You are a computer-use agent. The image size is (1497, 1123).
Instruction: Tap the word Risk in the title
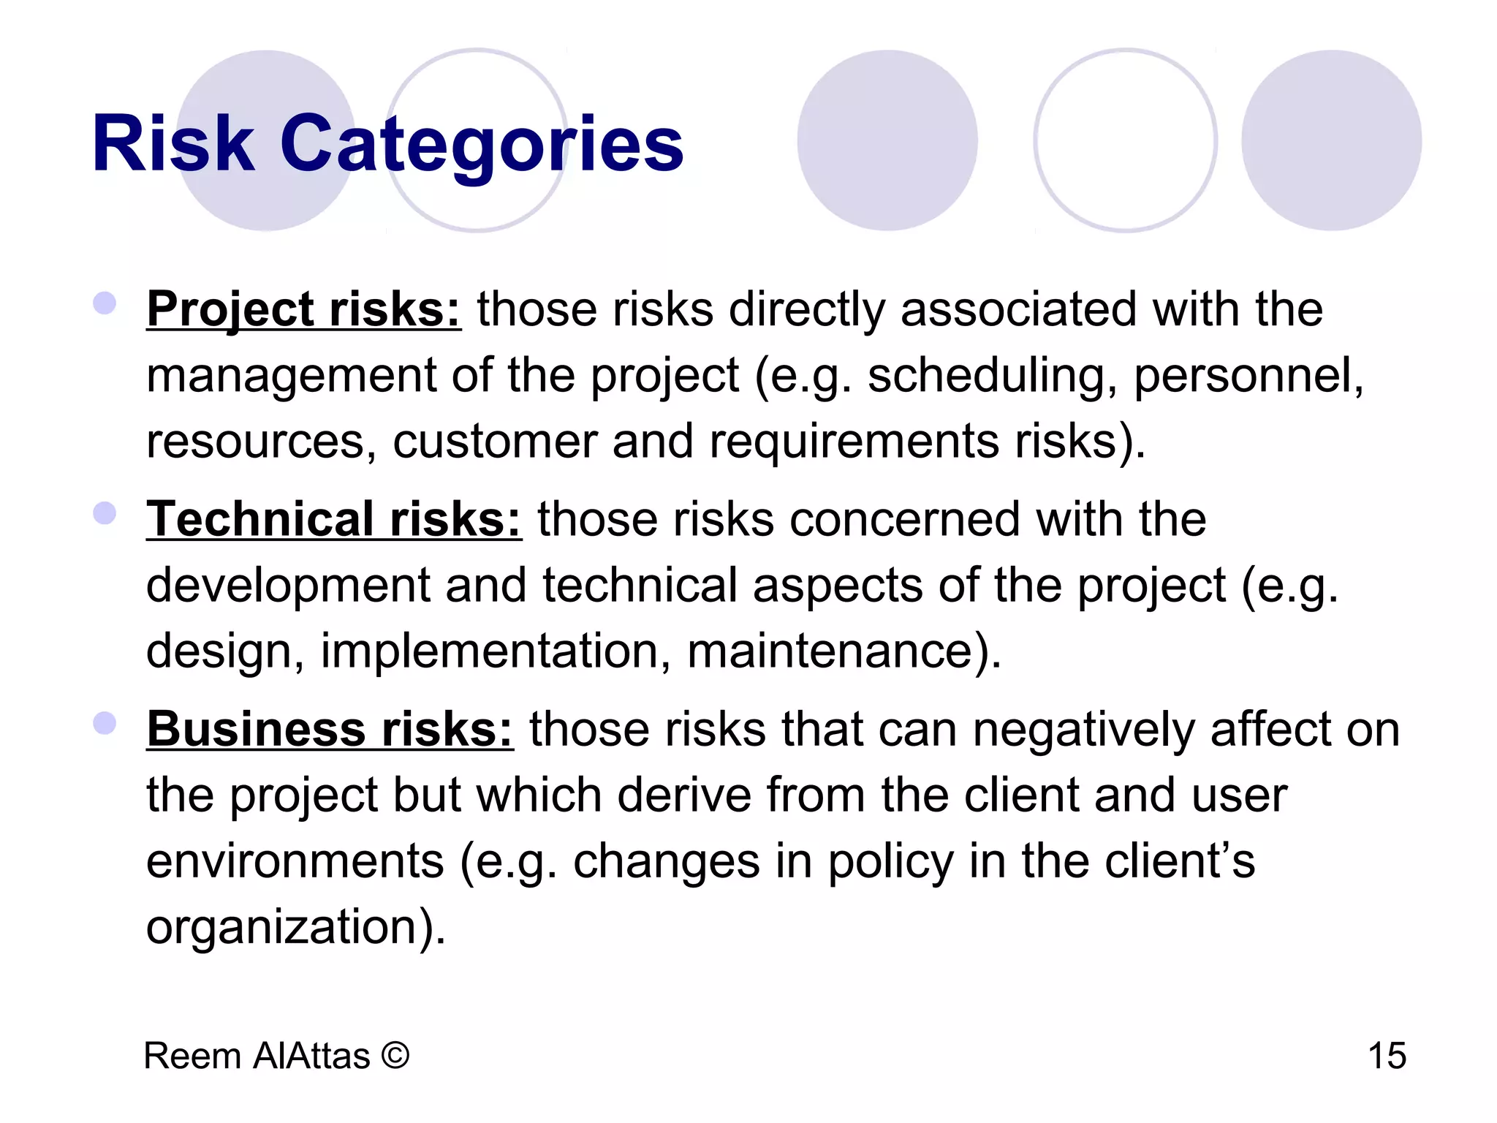pyautogui.click(x=173, y=144)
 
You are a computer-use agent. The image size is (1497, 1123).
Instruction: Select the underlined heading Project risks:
pyautogui.click(x=303, y=309)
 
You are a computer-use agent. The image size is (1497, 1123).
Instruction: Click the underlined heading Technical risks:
pyautogui.click(x=334, y=520)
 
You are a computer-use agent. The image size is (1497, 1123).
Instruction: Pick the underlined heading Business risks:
pyautogui.click(x=330, y=730)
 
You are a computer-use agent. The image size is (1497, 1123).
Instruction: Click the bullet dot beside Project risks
pyautogui.click(x=105, y=303)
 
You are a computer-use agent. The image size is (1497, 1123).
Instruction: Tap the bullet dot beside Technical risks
pyautogui.click(x=105, y=513)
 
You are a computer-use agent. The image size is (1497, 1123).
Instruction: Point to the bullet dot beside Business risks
pyautogui.click(x=105, y=723)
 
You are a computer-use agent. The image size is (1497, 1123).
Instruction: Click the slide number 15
pyautogui.click(x=1387, y=1056)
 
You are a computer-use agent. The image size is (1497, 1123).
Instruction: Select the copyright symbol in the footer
pyautogui.click(x=395, y=1056)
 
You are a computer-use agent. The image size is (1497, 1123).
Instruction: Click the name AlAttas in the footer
pyautogui.click(x=312, y=1056)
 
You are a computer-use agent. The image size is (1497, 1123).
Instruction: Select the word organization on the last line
pyautogui.click(x=282, y=927)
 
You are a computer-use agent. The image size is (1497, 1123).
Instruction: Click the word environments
pyautogui.click(x=295, y=861)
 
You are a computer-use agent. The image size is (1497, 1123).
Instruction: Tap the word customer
pyautogui.click(x=495, y=442)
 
